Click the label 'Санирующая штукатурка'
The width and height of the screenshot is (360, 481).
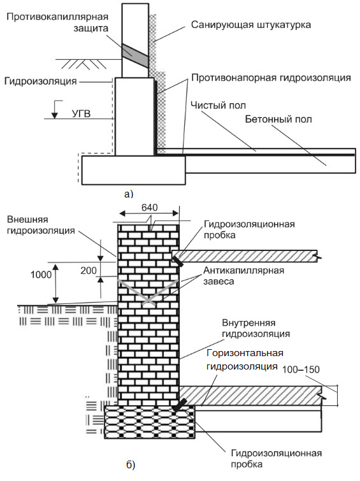pos(251,25)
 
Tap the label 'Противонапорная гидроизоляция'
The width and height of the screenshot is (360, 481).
pos(271,78)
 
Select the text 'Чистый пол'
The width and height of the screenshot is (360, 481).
pos(218,106)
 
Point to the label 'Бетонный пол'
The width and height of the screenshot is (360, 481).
pos(278,119)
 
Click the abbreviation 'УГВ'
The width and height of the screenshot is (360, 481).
pos(82,114)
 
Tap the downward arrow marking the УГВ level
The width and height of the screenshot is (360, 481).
pos(55,110)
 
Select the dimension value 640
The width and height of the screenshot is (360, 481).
pos(150,208)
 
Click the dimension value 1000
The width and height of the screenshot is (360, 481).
pos(41,274)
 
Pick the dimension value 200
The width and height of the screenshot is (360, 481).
pos(89,270)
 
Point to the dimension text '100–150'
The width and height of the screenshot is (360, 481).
pos(301,370)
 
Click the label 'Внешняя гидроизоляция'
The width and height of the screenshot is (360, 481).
pos(41,225)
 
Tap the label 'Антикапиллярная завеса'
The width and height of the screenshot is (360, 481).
pos(243,276)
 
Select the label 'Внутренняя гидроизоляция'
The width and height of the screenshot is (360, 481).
pos(256,328)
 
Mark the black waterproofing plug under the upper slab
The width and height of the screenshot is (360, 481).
pos(177,262)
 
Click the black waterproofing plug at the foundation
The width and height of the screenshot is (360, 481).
pos(180,405)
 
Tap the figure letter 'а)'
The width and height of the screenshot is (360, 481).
pos(129,194)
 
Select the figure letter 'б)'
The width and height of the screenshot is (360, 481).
pos(131,465)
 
